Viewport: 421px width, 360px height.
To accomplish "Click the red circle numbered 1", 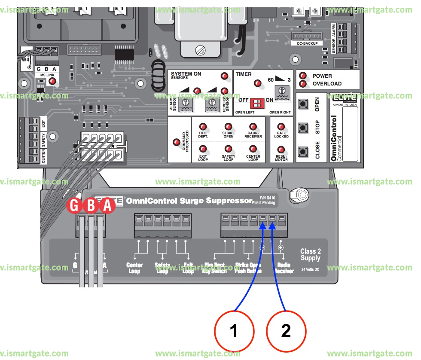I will pyautogui.click(x=234, y=331).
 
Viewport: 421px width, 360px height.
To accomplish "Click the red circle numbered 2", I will pyautogui.click(x=286, y=331).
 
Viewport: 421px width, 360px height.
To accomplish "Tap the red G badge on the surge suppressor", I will pyautogui.click(x=75, y=206).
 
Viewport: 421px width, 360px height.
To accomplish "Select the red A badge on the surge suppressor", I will pyautogui.click(x=107, y=206).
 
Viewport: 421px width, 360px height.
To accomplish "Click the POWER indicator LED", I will pyautogui.click(x=303, y=76).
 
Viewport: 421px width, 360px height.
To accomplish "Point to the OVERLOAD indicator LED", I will pyautogui.click(x=303, y=84).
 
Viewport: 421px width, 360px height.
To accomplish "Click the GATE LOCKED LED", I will pyautogui.click(x=281, y=127).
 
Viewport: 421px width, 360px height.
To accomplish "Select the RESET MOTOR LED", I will pyautogui.click(x=281, y=150).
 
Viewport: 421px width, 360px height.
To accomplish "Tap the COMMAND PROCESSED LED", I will pyautogui.click(x=176, y=142).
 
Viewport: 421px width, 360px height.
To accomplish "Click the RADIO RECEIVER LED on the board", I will pyautogui.click(x=253, y=127).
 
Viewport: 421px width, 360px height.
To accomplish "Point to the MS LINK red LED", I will pyautogui.click(x=52, y=82).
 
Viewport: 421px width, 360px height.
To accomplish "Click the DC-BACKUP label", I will pyautogui.click(x=307, y=43).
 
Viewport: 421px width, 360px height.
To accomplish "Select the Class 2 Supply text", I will pyautogui.click(x=310, y=255).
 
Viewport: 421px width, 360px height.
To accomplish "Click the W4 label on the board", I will pyautogui.click(x=26, y=59).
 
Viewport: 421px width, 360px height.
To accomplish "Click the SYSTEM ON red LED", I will pyautogui.click(x=224, y=76).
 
